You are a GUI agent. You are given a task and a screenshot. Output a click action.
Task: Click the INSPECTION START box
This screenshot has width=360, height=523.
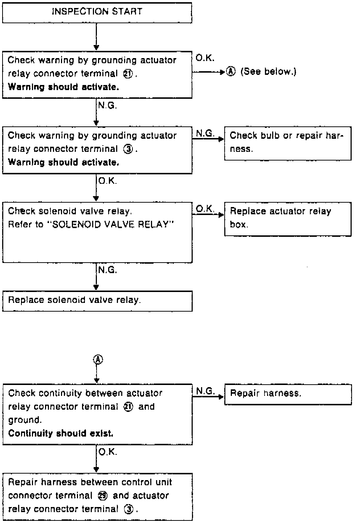[97, 12]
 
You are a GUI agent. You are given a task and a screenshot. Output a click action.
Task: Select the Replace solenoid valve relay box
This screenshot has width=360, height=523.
[97, 301]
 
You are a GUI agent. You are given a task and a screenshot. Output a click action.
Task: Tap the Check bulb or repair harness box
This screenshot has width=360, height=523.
[287, 143]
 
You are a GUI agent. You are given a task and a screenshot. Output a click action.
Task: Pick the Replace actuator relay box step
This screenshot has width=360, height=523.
[287, 219]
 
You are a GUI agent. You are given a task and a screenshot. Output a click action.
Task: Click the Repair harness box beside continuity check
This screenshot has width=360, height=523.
[288, 394]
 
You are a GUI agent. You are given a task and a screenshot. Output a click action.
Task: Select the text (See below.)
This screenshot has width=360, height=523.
[268, 72]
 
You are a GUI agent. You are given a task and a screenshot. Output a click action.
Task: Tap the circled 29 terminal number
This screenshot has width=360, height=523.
[103, 496]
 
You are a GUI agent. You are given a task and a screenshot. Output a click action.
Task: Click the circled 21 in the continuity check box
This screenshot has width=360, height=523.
[128, 407]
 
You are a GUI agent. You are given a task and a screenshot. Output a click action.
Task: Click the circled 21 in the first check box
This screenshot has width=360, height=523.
[128, 74]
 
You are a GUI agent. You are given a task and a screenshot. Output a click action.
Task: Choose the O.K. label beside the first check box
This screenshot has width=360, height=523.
[205, 58]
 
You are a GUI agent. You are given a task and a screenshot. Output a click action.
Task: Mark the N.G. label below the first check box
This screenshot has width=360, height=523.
[107, 106]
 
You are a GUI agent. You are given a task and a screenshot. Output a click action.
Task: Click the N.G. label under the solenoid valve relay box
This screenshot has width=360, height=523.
[107, 270]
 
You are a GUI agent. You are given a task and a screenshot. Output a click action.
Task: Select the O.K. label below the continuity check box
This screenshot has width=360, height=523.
[107, 452]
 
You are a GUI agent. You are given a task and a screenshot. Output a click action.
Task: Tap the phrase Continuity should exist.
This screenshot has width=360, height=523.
[61, 434]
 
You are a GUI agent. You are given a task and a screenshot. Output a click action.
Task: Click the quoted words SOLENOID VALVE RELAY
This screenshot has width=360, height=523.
[111, 224]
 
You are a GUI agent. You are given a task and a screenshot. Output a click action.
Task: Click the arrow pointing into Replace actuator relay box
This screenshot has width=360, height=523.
[208, 215]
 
